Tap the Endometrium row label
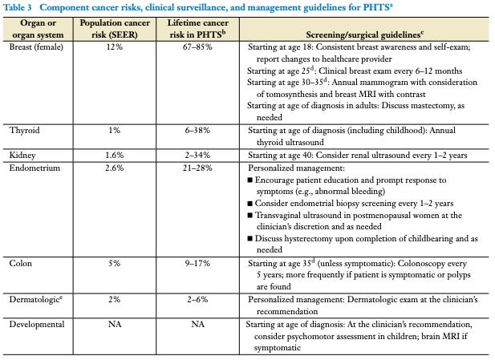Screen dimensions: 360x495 click(x=34, y=168)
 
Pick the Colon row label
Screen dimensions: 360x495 click(x=21, y=262)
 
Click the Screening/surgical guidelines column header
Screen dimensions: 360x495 click(x=367, y=34)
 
